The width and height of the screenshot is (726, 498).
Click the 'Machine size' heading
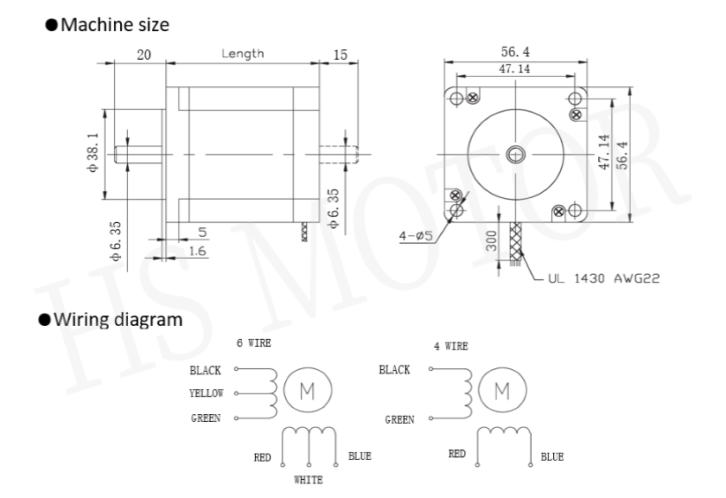115,25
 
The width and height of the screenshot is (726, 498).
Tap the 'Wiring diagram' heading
118,320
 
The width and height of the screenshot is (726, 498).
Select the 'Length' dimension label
243,54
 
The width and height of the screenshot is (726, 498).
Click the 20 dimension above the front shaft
144,54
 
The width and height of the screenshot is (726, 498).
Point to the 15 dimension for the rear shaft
341,54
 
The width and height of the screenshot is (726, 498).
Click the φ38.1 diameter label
93,153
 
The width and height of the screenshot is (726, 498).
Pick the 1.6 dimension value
197,251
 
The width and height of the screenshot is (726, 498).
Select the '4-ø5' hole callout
416,236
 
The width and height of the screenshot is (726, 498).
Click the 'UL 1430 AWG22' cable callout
604,278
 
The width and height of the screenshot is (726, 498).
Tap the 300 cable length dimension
491,241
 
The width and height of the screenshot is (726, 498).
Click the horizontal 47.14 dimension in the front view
515,69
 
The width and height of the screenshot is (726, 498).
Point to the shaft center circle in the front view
515,154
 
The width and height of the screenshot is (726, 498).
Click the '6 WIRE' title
254,343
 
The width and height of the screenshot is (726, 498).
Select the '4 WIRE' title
451,346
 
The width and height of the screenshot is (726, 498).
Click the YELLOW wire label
207,393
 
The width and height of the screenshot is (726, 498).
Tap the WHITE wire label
309,480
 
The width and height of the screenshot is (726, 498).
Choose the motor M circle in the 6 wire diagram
308,390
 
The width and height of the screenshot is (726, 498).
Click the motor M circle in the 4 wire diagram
502,390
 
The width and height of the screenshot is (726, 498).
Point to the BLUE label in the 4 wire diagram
552,457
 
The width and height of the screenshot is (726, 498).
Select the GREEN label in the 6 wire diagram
206,418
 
